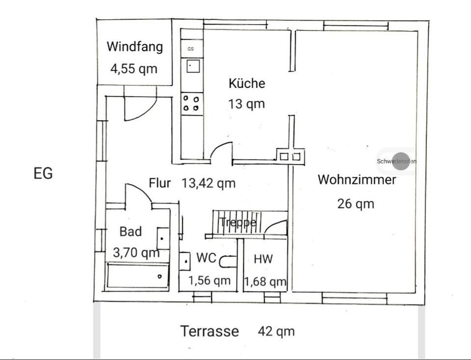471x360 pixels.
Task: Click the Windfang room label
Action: (135, 47)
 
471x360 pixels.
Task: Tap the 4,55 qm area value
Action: (134, 69)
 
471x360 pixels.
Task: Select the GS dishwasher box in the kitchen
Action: (192, 49)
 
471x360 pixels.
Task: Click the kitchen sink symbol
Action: (193, 66)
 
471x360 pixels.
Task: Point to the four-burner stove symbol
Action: (191, 103)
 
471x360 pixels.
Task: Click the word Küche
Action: (247, 83)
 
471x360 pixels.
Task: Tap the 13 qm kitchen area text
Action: (247, 104)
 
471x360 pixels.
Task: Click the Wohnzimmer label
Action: (357, 180)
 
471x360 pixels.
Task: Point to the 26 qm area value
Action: (356, 204)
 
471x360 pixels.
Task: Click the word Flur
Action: (160, 183)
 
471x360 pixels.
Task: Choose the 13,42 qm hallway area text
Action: (209, 183)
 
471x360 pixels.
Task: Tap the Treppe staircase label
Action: (238, 222)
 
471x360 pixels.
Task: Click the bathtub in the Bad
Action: (137, 276)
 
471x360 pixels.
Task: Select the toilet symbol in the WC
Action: (227, 261)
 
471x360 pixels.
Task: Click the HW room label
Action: (263, 259)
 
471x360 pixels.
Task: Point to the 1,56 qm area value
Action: (209, 280)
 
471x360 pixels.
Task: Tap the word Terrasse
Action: (209, 331)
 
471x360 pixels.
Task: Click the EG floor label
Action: (43, 173)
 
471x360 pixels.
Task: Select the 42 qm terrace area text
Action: (276, 332)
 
